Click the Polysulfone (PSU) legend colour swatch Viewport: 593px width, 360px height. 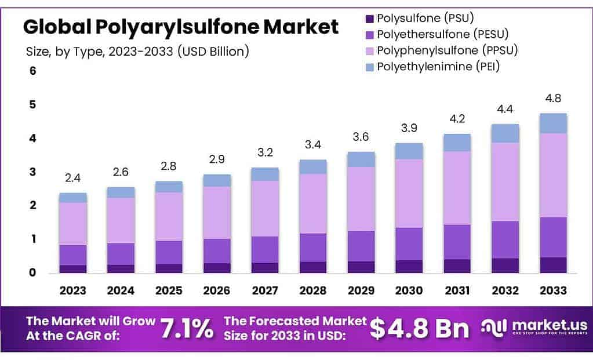(370, 19)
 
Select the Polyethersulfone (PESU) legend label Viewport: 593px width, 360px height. (442, 34)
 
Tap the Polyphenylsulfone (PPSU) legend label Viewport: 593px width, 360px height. (447, 50)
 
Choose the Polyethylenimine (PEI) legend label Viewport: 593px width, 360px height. (438, 66)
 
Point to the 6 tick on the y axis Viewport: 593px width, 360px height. (33, 71)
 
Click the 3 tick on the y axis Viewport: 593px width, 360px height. (33, 172)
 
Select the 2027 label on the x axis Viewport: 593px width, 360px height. (265, 290)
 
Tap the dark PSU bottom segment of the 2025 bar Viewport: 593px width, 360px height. (169, 268)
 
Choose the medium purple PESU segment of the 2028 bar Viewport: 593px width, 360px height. (314, 248)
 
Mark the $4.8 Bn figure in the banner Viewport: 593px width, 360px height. (419, 328)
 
